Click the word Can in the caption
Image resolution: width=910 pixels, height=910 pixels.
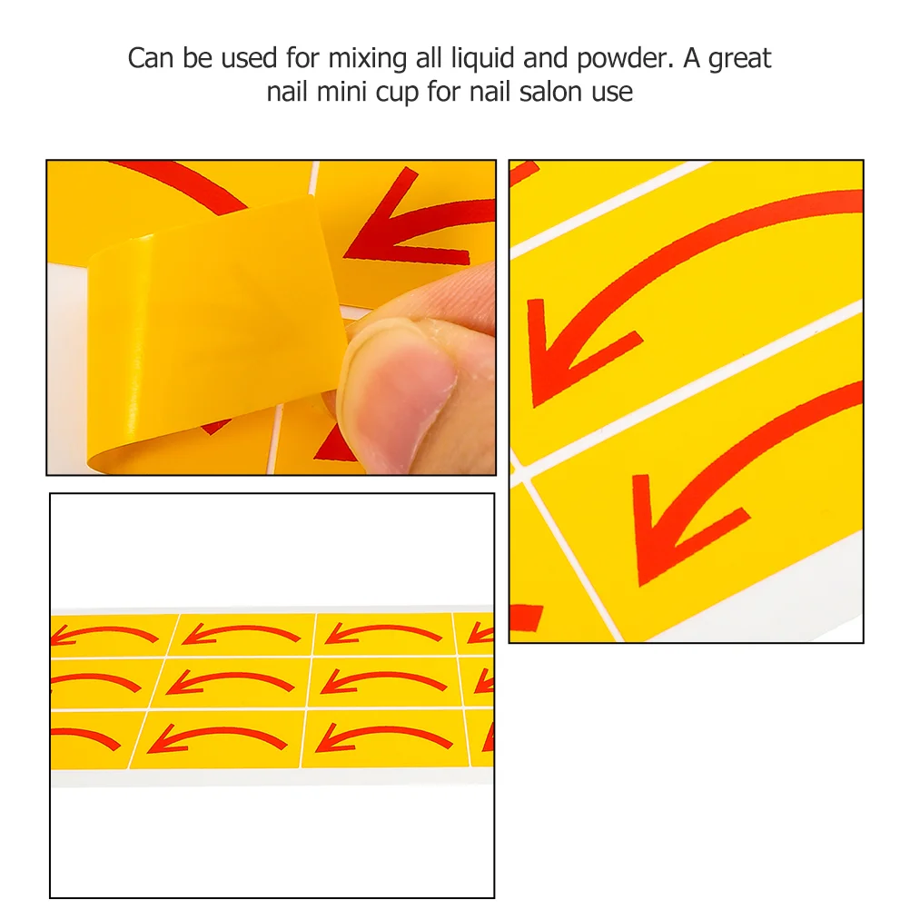[151, 58]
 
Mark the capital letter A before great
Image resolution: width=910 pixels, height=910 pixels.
[691, 58]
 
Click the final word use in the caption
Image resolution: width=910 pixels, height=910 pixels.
[612, 93]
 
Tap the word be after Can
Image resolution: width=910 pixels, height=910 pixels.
[197, 58]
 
